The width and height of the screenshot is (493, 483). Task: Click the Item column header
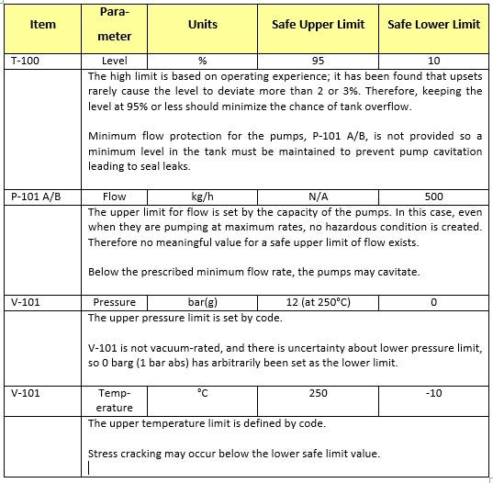click(44, 25)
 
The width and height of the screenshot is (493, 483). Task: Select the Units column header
click(203, 25)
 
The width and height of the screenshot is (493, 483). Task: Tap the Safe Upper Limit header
click(318, 25)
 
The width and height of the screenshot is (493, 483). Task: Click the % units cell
click(203, 61)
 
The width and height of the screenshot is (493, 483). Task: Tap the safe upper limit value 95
click(318, 61)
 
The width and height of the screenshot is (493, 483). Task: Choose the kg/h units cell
click(203, 197)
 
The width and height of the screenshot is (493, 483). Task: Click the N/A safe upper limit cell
click(318, 197)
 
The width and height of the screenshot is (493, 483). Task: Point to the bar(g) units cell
click(203, 302)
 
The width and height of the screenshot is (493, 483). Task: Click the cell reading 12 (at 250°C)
click(318, 302)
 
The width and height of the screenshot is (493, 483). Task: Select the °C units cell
click(203, 392)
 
